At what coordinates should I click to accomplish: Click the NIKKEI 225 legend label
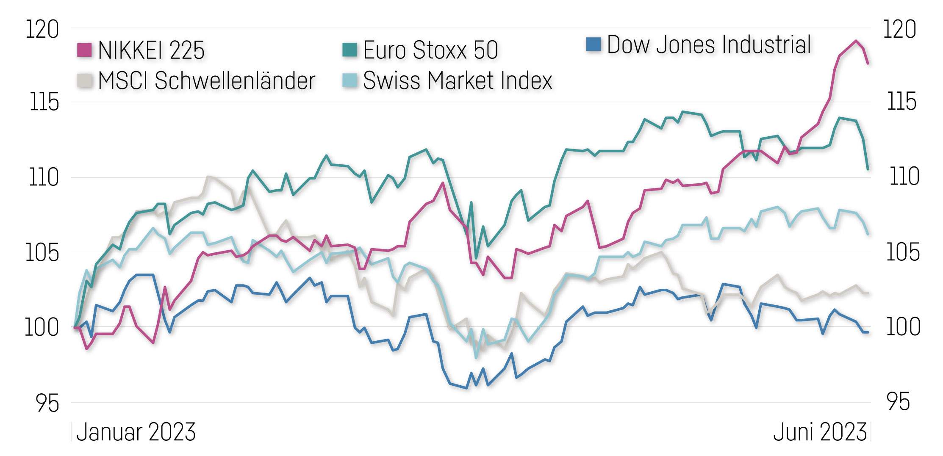click(151, 50)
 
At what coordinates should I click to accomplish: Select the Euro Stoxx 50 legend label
click(430, 50)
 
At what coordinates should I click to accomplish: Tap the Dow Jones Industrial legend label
click(709, 45)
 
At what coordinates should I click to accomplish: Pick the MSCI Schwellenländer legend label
click(206, 80)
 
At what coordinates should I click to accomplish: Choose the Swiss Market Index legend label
click(458, 80)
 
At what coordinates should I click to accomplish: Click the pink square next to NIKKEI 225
click(84, 50)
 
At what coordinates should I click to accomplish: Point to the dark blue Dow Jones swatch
click(593, 44)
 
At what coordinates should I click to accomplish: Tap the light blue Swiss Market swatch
click(350, 80)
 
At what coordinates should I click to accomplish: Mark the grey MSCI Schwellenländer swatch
click(85, 80)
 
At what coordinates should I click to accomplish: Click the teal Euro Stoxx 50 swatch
click(349, 49)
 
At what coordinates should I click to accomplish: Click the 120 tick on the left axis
click(42, 30)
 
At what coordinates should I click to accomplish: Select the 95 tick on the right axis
click(898, 402)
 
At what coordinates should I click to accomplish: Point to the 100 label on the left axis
click(42, 328)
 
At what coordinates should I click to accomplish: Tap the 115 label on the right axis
click(901, 102)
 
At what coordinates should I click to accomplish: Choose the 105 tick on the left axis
click(42, 253)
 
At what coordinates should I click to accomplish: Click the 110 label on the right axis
click(904, 177)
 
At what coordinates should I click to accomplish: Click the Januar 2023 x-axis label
click(136, 432)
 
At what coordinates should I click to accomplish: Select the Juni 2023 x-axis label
click(820, 432)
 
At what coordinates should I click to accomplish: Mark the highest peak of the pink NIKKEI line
click(856, 41)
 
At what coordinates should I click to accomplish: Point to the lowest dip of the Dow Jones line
click(466, 388)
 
